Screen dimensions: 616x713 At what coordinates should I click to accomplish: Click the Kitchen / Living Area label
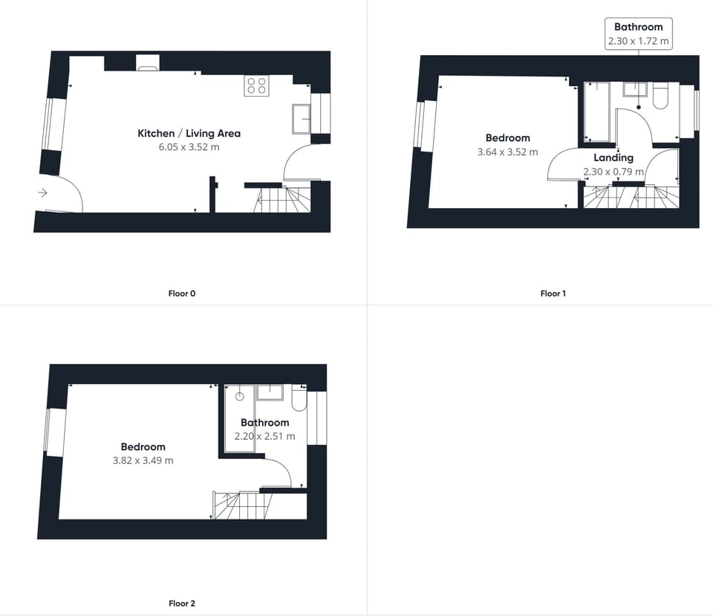point(189,134)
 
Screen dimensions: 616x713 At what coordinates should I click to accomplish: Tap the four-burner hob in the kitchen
point(257,85)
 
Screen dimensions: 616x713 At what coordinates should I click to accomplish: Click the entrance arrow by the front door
point(42,193)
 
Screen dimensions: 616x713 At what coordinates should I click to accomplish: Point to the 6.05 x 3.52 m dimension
point(189,147)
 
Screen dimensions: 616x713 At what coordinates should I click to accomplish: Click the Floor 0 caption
point(182,294)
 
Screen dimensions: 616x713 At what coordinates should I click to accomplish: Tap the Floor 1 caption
point(553,294)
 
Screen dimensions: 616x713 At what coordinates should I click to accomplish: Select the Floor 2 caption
point(182,603)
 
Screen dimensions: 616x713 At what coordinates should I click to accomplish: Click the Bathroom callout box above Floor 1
point(638,34)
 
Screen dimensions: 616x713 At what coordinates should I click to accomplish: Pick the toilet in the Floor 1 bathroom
point(661,97)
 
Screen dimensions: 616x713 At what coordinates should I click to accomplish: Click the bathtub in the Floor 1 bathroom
point(597,111)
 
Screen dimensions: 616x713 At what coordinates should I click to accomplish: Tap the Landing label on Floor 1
point(613,158)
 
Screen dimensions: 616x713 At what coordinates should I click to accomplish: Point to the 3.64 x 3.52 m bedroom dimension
point(508,152)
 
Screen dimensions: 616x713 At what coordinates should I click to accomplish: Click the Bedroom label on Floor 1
point(508,138)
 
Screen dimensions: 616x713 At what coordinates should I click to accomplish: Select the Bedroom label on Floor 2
point(143,447)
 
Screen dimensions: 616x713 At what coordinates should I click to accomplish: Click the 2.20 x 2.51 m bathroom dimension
point(264,436)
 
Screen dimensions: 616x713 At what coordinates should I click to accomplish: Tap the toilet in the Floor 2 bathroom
point(299,400)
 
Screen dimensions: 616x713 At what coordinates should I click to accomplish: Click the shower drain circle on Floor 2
point(240,397)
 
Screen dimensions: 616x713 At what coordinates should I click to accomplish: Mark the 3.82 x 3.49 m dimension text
point(143,461)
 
